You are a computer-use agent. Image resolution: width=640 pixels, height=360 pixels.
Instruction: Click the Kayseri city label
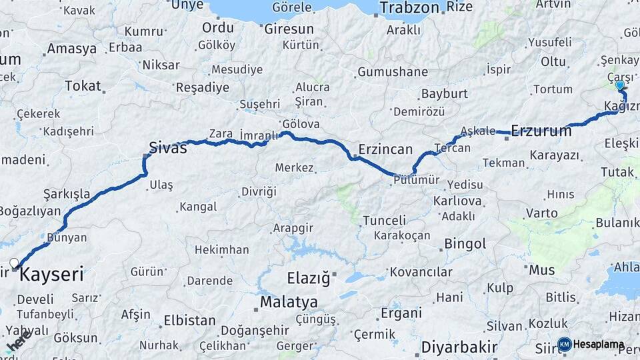(x=52, y=274)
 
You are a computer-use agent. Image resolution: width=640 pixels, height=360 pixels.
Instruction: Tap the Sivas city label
(x=167, y=147)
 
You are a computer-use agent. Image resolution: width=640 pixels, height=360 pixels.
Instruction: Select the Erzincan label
(x=385, y=149)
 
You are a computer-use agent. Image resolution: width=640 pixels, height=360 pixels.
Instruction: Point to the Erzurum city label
(x=541, y=131)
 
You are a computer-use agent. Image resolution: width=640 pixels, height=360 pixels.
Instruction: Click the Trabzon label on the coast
(x=409, y=8)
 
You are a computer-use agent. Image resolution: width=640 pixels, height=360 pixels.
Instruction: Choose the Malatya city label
(x=289, y=302)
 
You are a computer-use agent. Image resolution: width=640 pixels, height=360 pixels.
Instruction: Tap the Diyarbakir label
(x=459, y=347)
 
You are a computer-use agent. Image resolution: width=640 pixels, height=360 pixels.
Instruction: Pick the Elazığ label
(x=308, y=279)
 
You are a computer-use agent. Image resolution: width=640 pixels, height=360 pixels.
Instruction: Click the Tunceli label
(x=384, y=221)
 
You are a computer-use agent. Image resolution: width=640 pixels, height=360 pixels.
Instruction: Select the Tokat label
(x=83, y=86)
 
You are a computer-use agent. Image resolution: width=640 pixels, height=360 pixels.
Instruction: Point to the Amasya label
(x=71, y=49)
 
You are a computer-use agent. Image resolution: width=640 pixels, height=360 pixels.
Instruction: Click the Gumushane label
(x=393, y=72)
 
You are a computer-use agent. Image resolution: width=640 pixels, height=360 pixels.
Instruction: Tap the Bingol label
(x=465, y=243)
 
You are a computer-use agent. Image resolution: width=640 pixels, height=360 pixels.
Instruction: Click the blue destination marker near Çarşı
(x=620, y=85)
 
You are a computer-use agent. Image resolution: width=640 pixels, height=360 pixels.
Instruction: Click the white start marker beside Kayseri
(x=14, y=262)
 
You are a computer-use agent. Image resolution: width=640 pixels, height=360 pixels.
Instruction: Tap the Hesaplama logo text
(x=600, y=345)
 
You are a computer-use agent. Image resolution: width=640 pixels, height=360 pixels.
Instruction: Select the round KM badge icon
(x=565, y=344)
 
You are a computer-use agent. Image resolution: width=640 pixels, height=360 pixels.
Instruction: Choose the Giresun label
(x=289, y=29)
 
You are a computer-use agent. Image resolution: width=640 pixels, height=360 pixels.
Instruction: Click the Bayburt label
(x=444, y=94)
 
